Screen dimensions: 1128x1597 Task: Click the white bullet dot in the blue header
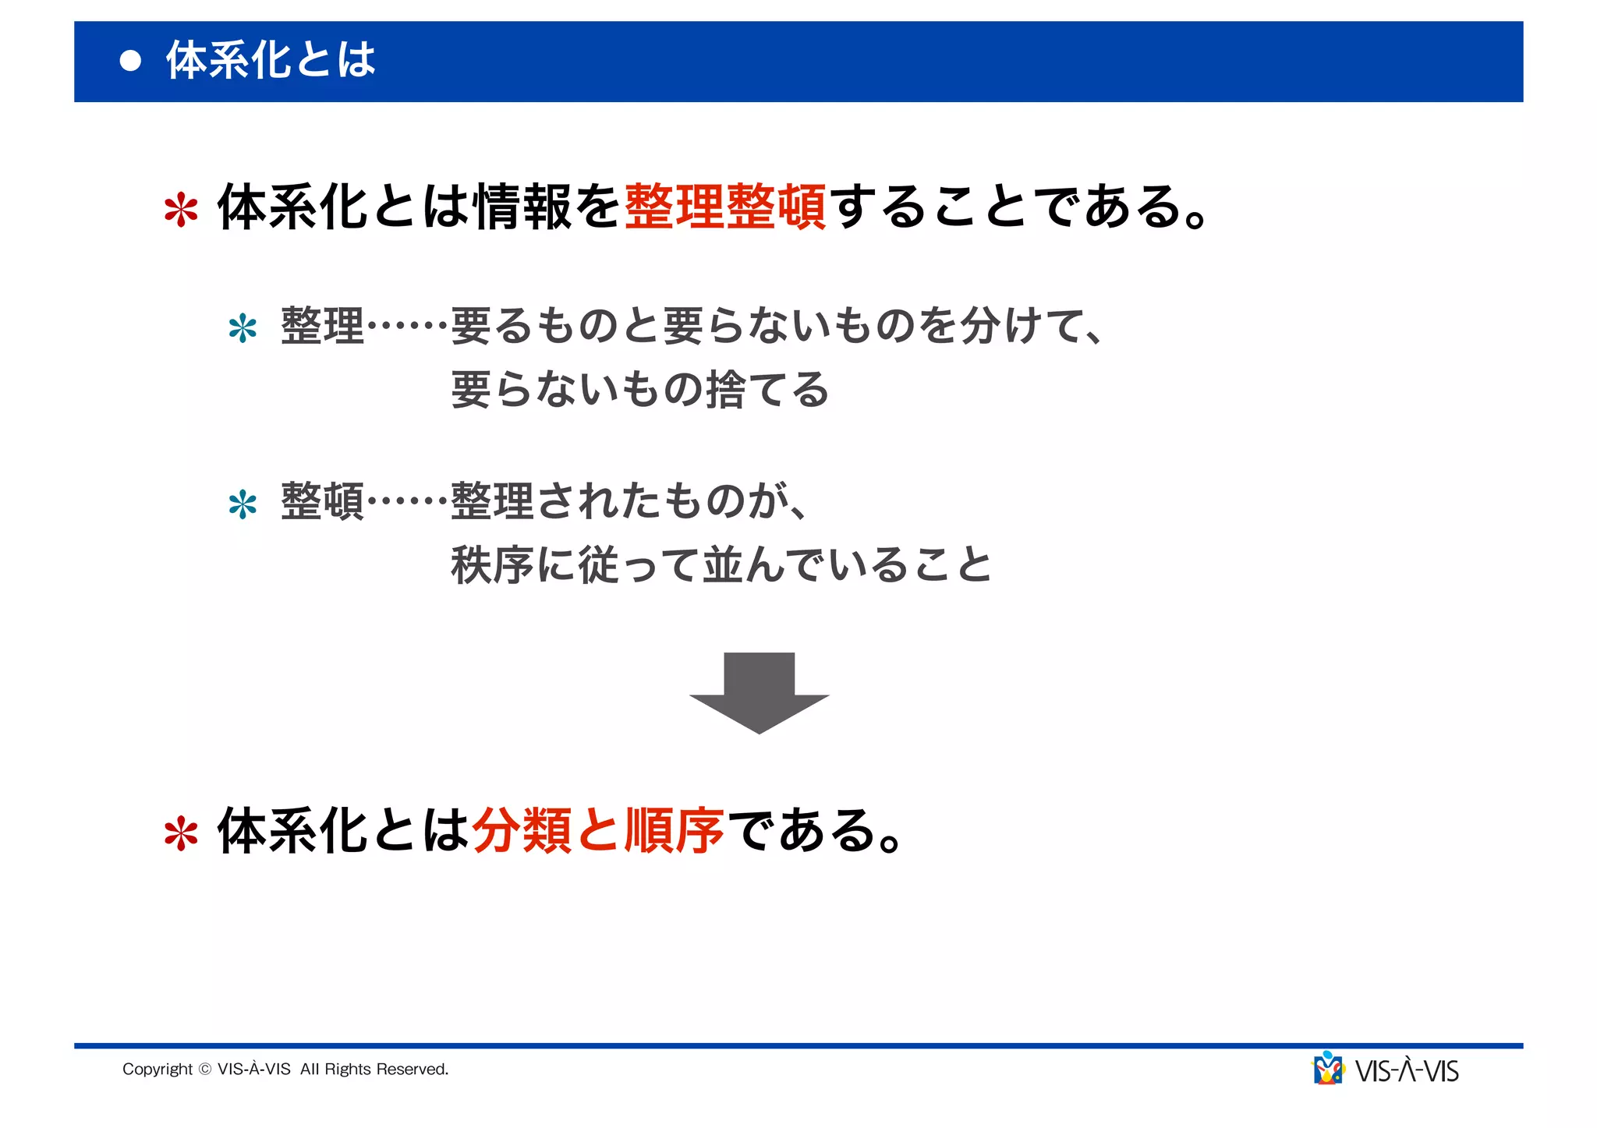(131, 61)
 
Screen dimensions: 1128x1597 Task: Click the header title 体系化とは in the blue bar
(271, 60)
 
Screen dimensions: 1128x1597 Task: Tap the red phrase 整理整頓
(725, 207)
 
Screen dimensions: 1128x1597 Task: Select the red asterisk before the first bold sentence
(181, 210)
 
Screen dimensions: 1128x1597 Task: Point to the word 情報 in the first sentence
(523, 207)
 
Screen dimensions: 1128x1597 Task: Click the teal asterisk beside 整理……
(243, 328)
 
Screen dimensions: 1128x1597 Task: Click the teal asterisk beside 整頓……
(243, 504)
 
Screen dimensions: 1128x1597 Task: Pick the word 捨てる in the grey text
(767, 389)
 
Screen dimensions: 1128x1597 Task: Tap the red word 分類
(522, 830)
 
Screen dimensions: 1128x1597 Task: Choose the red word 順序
(674, 830)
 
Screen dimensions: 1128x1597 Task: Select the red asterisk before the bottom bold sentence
(181, 833)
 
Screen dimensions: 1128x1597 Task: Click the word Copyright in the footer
(157, 1070)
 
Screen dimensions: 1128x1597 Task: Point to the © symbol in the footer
(205, 1070)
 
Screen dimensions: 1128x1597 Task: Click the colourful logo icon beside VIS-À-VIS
(1328, 1069)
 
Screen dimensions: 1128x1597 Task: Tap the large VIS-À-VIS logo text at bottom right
(1407, 1071)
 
